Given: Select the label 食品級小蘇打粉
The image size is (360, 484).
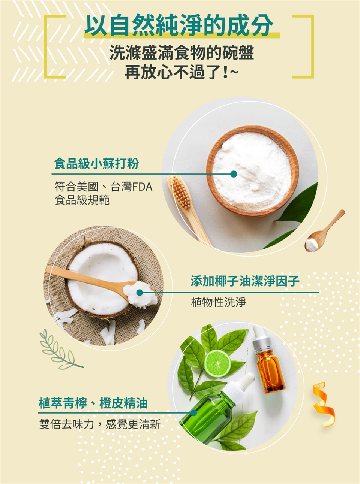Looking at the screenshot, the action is (x=96, y=164).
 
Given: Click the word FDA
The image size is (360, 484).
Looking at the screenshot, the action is (x=142, y=187).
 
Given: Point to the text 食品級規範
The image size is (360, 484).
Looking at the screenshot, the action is (x=82, y=200).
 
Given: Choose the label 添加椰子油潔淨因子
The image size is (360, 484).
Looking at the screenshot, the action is (x=244, y=281).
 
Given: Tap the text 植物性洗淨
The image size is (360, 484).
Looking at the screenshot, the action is (x=219, y=302).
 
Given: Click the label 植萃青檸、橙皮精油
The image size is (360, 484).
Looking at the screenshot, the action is (x=93, y=403).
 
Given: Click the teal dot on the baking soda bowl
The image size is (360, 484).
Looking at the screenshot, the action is (x=234, y=174).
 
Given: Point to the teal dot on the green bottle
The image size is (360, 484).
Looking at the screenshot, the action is (x=193, y=413).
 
